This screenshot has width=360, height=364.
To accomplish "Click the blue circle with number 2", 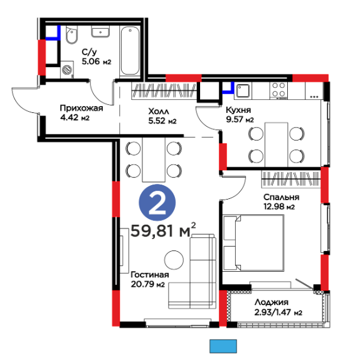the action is pos(157,203).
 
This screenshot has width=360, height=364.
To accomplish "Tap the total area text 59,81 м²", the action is pos(163,230).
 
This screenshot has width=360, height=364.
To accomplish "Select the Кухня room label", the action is pos(238,110).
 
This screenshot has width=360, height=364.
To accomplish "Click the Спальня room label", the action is pos(281,197).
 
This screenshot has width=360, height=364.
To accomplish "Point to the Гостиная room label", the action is pos(150,275).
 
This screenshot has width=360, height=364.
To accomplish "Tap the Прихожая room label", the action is pos(82,108).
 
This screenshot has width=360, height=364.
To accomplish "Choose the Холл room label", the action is pos(159,112).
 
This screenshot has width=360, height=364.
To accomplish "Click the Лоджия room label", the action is pos(272,302).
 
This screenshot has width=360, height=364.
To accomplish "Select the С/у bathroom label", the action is pos(89,52).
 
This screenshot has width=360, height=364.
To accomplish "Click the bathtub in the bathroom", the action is pos(130,51).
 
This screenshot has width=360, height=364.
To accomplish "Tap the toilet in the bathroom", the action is pos(71,35).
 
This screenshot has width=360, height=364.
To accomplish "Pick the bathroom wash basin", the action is pos(100,31).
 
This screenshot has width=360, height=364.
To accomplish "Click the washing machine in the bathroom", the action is pos(67,70).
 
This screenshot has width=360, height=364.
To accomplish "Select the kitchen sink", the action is pos(243,90).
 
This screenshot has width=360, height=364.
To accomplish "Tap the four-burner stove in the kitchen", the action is pos(278,91).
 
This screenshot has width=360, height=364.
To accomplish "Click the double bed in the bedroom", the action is pos(253,243).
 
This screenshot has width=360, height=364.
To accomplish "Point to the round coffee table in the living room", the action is pos(174,260).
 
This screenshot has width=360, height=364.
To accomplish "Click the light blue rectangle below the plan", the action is pos(223,346).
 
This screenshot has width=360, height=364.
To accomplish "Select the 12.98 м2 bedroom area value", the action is pos(279,206).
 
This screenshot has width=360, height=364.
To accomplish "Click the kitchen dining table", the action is pos(276,144).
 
